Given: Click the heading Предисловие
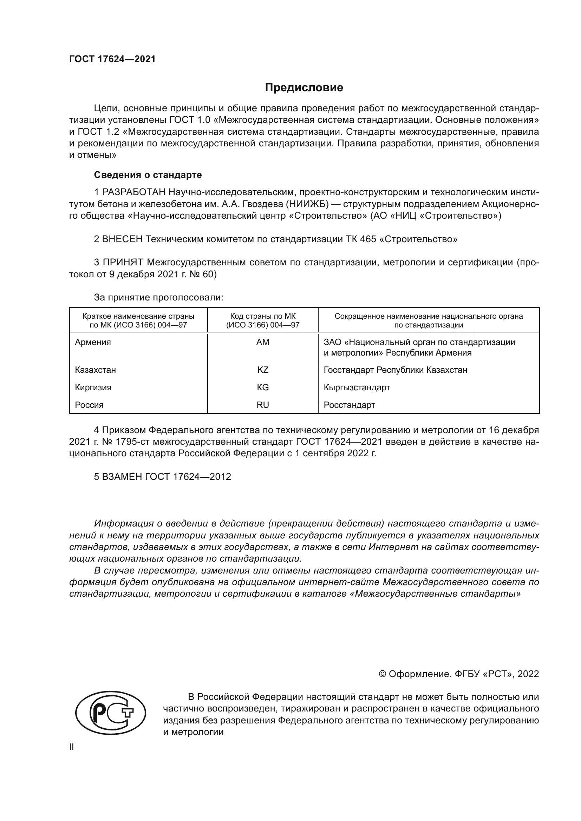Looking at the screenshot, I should (x=304, y=88).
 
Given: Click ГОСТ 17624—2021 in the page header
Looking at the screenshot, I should (x=112, y=59).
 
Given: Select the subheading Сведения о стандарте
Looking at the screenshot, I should (x=148, y=175).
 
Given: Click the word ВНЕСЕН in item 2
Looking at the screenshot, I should (x=122, y=239).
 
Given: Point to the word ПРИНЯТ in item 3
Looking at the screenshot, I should (x=123, y=263).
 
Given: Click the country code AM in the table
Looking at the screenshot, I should (x=263, y=342).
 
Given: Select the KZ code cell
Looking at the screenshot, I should (x=263, y=370).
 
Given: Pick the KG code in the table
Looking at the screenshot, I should (x=263, y=387).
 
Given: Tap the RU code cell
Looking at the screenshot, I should (x=263, y=405).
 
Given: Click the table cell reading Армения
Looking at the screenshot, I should (x=93, y=342).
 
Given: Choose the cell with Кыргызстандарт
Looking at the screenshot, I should (x=357, y=387).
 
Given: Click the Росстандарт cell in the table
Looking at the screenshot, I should (x=349, y=405).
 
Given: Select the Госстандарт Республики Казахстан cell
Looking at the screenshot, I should (x=395, y=370).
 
